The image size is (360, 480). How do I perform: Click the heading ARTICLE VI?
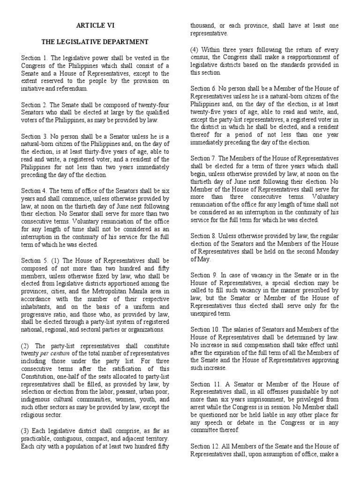point(96,26)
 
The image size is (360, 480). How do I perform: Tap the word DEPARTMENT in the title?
point(124,42)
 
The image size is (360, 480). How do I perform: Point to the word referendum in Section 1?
point(72,88)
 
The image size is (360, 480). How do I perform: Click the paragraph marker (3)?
point(26,430)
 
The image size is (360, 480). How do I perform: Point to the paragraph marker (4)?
point(195,50)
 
